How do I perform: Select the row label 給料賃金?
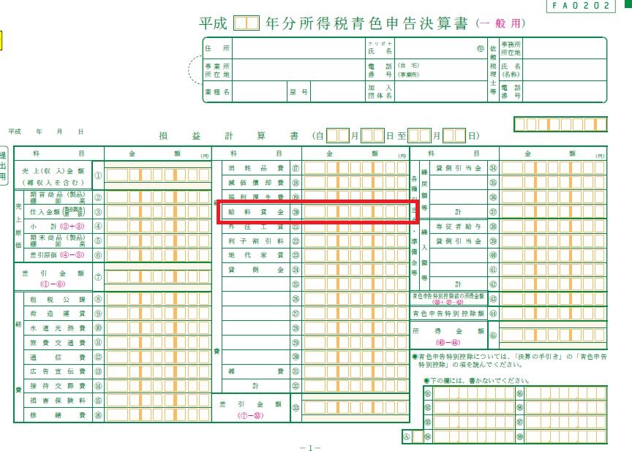pyautogui.click(x=256, y=211)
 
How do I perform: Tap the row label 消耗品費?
pyautogui.click(x=256, y=168)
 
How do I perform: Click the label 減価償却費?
pyautogui.click(x=256, y=183)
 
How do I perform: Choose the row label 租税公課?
pyautogui.click(x=57, y=299)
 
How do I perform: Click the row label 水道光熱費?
pyautogui.click(x=57, y=327)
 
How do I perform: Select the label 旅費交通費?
pyautogui.click(x=57, y=342)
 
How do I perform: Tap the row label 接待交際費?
pyautogui.click(x=57, y=385)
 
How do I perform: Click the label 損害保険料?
pyautogui.click(x=57, y=400)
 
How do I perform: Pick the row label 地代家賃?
pyautogui.click(x=256, y=255)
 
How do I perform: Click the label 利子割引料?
pyautogui.click(x=256, y=240)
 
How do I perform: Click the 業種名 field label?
pyautogui.click(x=217, y=93)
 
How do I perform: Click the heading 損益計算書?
pyautogui.click(x=228, y=136)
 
